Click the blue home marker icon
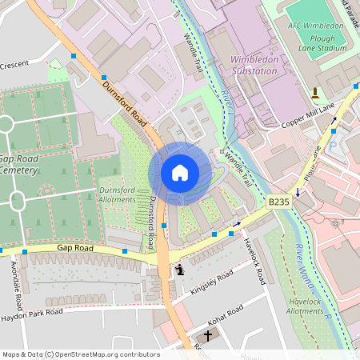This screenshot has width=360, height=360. pyautogui.click(x=180, y=173)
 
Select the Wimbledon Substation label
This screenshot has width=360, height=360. pyautogui.click(x=254, y=65)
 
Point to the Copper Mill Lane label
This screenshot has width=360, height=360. pyautogui.click(x=308, y=115)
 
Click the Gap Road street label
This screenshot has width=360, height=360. pyautogui.click(x=75, y=249)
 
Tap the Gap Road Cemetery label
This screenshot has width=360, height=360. pyautogui.click(x=18, y=164)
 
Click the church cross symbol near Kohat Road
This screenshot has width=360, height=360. pyautogui.click(x=208, y=335)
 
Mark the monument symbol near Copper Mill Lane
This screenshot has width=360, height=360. pyautogui.click(x=315, y=92)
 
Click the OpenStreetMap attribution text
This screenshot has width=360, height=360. pyautogui.click(x=80, y=354)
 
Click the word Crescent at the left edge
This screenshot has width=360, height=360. pyautogui.click(x=16, y=64)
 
